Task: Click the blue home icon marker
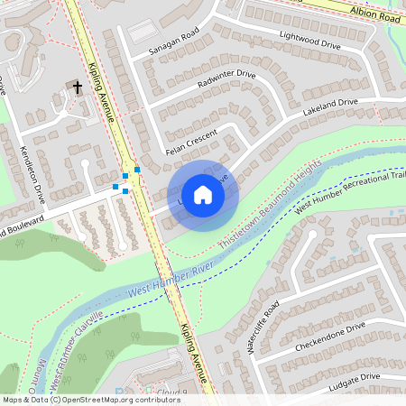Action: [x=203, y=195]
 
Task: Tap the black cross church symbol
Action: [x=77, y=88]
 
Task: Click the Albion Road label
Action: [x=375, y=13]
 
